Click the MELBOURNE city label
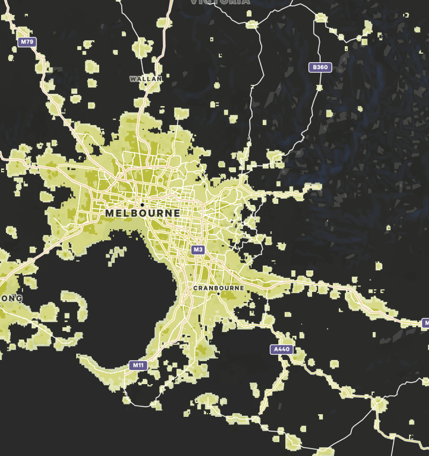(x=143, y=213)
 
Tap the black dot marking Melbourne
(x=142, y=204)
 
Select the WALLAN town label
(x=145, y=79)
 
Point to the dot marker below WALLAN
(x=145, y=85)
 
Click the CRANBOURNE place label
(x=218, y=288)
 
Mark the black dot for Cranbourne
(x=218, y=294)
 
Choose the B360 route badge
(x=320, y=67)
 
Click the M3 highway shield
(x=198, y=249)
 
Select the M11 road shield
(x=138, y=365)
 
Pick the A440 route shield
(x=282, y=350)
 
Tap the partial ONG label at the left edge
(x=11, y=298)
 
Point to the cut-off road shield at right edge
(x=426, y=323)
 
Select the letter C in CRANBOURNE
(x=195, y=288)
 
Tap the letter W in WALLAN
(x=132, y=79)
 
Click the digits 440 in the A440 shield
(x=284, y=350)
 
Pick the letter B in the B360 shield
(x=314, y=67)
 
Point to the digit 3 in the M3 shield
(x=201, y=249)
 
